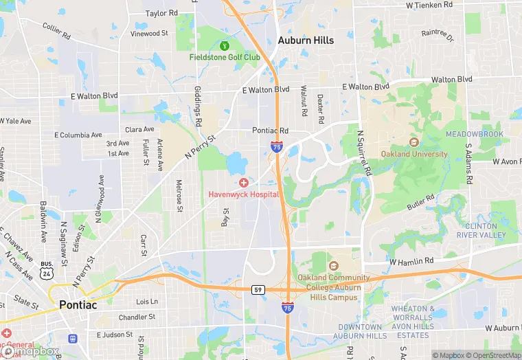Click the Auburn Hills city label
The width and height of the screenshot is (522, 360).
pos(306,41)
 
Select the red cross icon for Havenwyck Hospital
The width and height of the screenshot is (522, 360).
pos(244,183)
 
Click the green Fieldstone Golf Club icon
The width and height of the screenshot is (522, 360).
pos(224,46)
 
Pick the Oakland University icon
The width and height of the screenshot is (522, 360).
pos(413,143)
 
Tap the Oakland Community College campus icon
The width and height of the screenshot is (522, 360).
pos(334,267)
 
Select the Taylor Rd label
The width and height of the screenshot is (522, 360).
pos(161,13)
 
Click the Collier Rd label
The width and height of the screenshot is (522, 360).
pos(56,31)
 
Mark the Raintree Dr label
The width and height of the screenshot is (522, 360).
pos(438,36)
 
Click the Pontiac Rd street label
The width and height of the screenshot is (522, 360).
pos(270,131)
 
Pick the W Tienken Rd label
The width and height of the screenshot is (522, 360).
pos(429,5)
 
